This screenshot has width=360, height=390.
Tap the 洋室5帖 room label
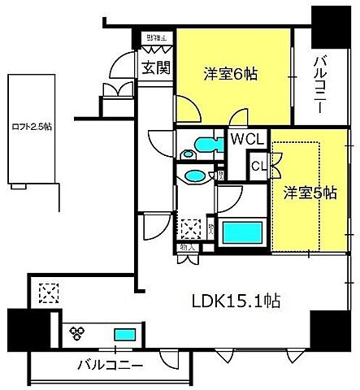click(310, 193)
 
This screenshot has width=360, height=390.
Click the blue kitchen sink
click(125, 333)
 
